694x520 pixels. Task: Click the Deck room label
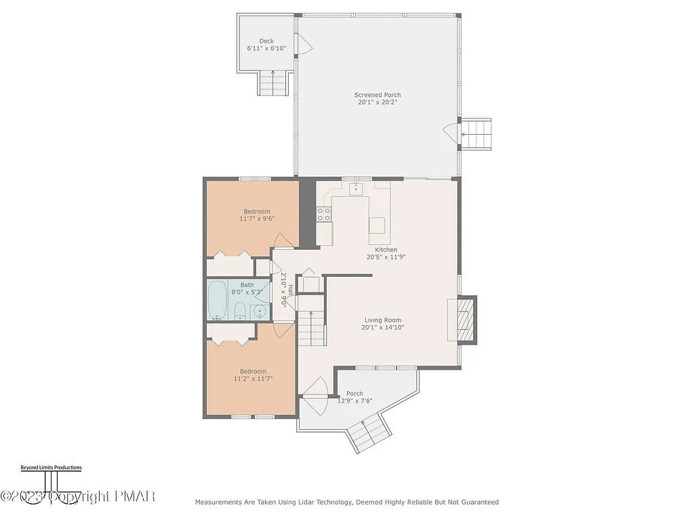tap(266, 41)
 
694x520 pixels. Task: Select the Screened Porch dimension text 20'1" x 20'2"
tap(377, 103)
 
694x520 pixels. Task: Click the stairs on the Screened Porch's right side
tap(476, 134)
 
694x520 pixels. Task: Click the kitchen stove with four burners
tap(324, 214)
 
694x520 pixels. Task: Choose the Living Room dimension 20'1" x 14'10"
tap(383, 328)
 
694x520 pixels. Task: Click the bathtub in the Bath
tap(218, 300)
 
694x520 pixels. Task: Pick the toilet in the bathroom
tap(239, 311)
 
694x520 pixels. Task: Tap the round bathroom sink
tap(260, 311)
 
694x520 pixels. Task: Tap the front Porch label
tap(354, 393)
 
